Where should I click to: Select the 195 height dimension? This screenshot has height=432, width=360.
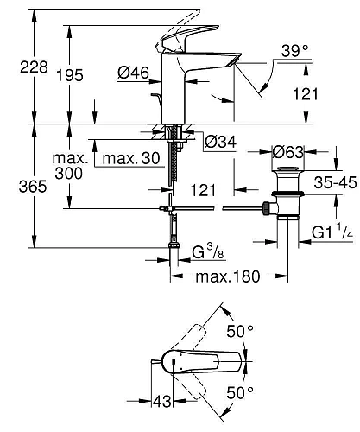pos(77,75)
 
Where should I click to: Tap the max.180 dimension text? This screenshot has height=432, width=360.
pos(228,277)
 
